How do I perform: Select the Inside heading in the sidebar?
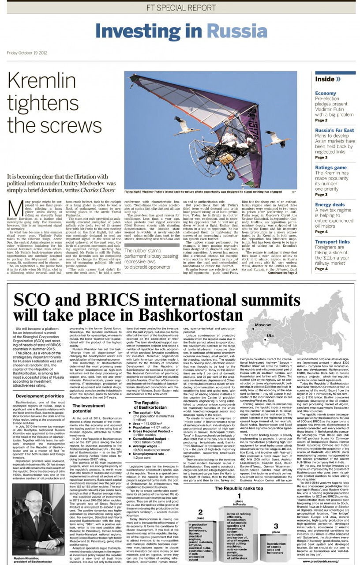pos(327,79)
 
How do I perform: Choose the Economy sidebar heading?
pos(326,94)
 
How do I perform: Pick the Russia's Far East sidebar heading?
pos(334,130)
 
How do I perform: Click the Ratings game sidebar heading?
pos(331,167)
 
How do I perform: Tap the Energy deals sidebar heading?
pos(330,204)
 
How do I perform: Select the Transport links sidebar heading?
pos(332,241)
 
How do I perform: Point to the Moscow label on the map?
pos(262,325)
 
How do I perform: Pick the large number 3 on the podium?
pos(275,523)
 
